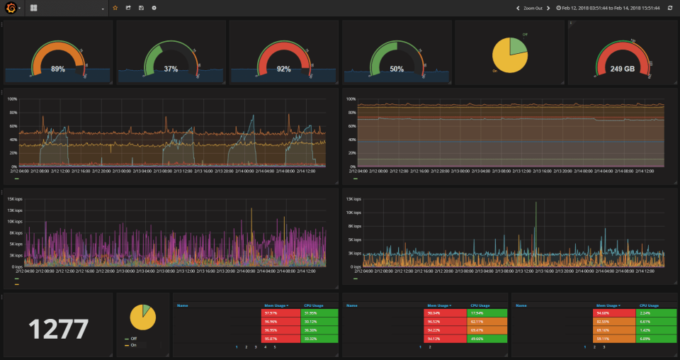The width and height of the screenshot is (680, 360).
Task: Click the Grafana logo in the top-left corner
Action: point(11,8)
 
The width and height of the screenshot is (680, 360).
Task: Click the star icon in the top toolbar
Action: point(115,8)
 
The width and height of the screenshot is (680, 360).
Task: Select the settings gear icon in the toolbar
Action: point(154,8)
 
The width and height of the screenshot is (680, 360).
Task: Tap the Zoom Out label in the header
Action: point(533,8)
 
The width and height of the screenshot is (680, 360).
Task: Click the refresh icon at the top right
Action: point(670,8)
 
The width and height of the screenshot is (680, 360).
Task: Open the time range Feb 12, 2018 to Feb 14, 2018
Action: point(611,8)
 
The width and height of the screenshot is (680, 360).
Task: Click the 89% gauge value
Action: point(58,69)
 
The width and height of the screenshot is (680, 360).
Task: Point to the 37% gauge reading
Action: point(171,69)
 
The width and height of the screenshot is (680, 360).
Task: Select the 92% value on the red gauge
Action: point(284,69)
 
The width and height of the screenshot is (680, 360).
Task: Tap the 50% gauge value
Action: point(397,69)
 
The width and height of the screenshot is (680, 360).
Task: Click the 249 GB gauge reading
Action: point(622,69)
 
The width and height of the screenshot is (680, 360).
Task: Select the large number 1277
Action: point(58,329)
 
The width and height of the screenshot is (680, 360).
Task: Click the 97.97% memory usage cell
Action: point(271,313)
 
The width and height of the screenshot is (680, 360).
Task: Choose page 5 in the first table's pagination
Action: point(275,347)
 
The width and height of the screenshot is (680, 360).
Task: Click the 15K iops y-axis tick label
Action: point(12,199)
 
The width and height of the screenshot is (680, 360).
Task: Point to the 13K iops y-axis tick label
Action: point(351,199)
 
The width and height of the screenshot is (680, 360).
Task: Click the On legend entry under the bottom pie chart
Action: point(133,344)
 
